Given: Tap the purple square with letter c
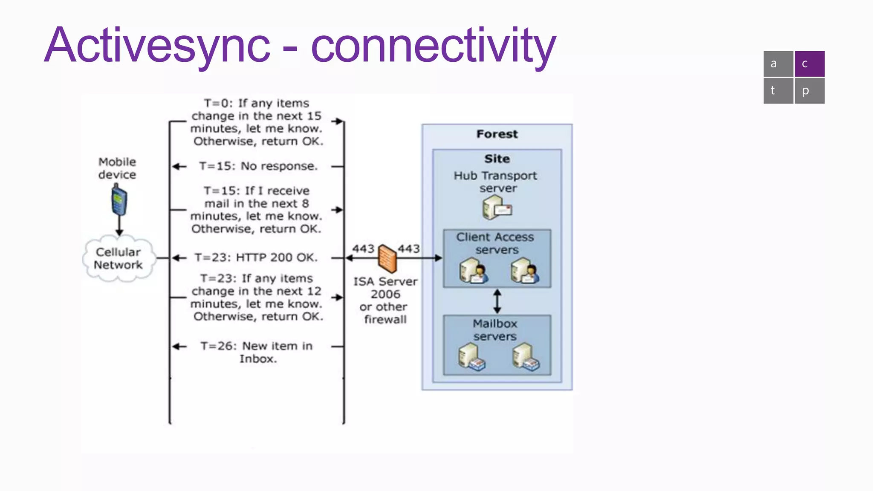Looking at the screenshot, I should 809,64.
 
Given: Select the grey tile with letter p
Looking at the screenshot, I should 809,91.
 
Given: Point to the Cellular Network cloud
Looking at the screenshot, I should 119,258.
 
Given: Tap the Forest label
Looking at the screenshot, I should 497,134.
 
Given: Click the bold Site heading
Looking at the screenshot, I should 497,159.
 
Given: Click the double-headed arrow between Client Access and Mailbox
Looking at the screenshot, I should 497,301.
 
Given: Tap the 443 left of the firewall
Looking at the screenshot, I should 363,249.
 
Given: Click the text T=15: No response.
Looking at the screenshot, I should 258,166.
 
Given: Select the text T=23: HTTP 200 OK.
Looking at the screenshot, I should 256,257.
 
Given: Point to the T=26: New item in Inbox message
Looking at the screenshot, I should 257,352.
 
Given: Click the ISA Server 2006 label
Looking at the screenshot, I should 385,288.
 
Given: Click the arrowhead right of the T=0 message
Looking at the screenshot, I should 338,121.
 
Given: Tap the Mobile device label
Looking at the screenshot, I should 117,168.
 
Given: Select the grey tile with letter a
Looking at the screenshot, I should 778,64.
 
